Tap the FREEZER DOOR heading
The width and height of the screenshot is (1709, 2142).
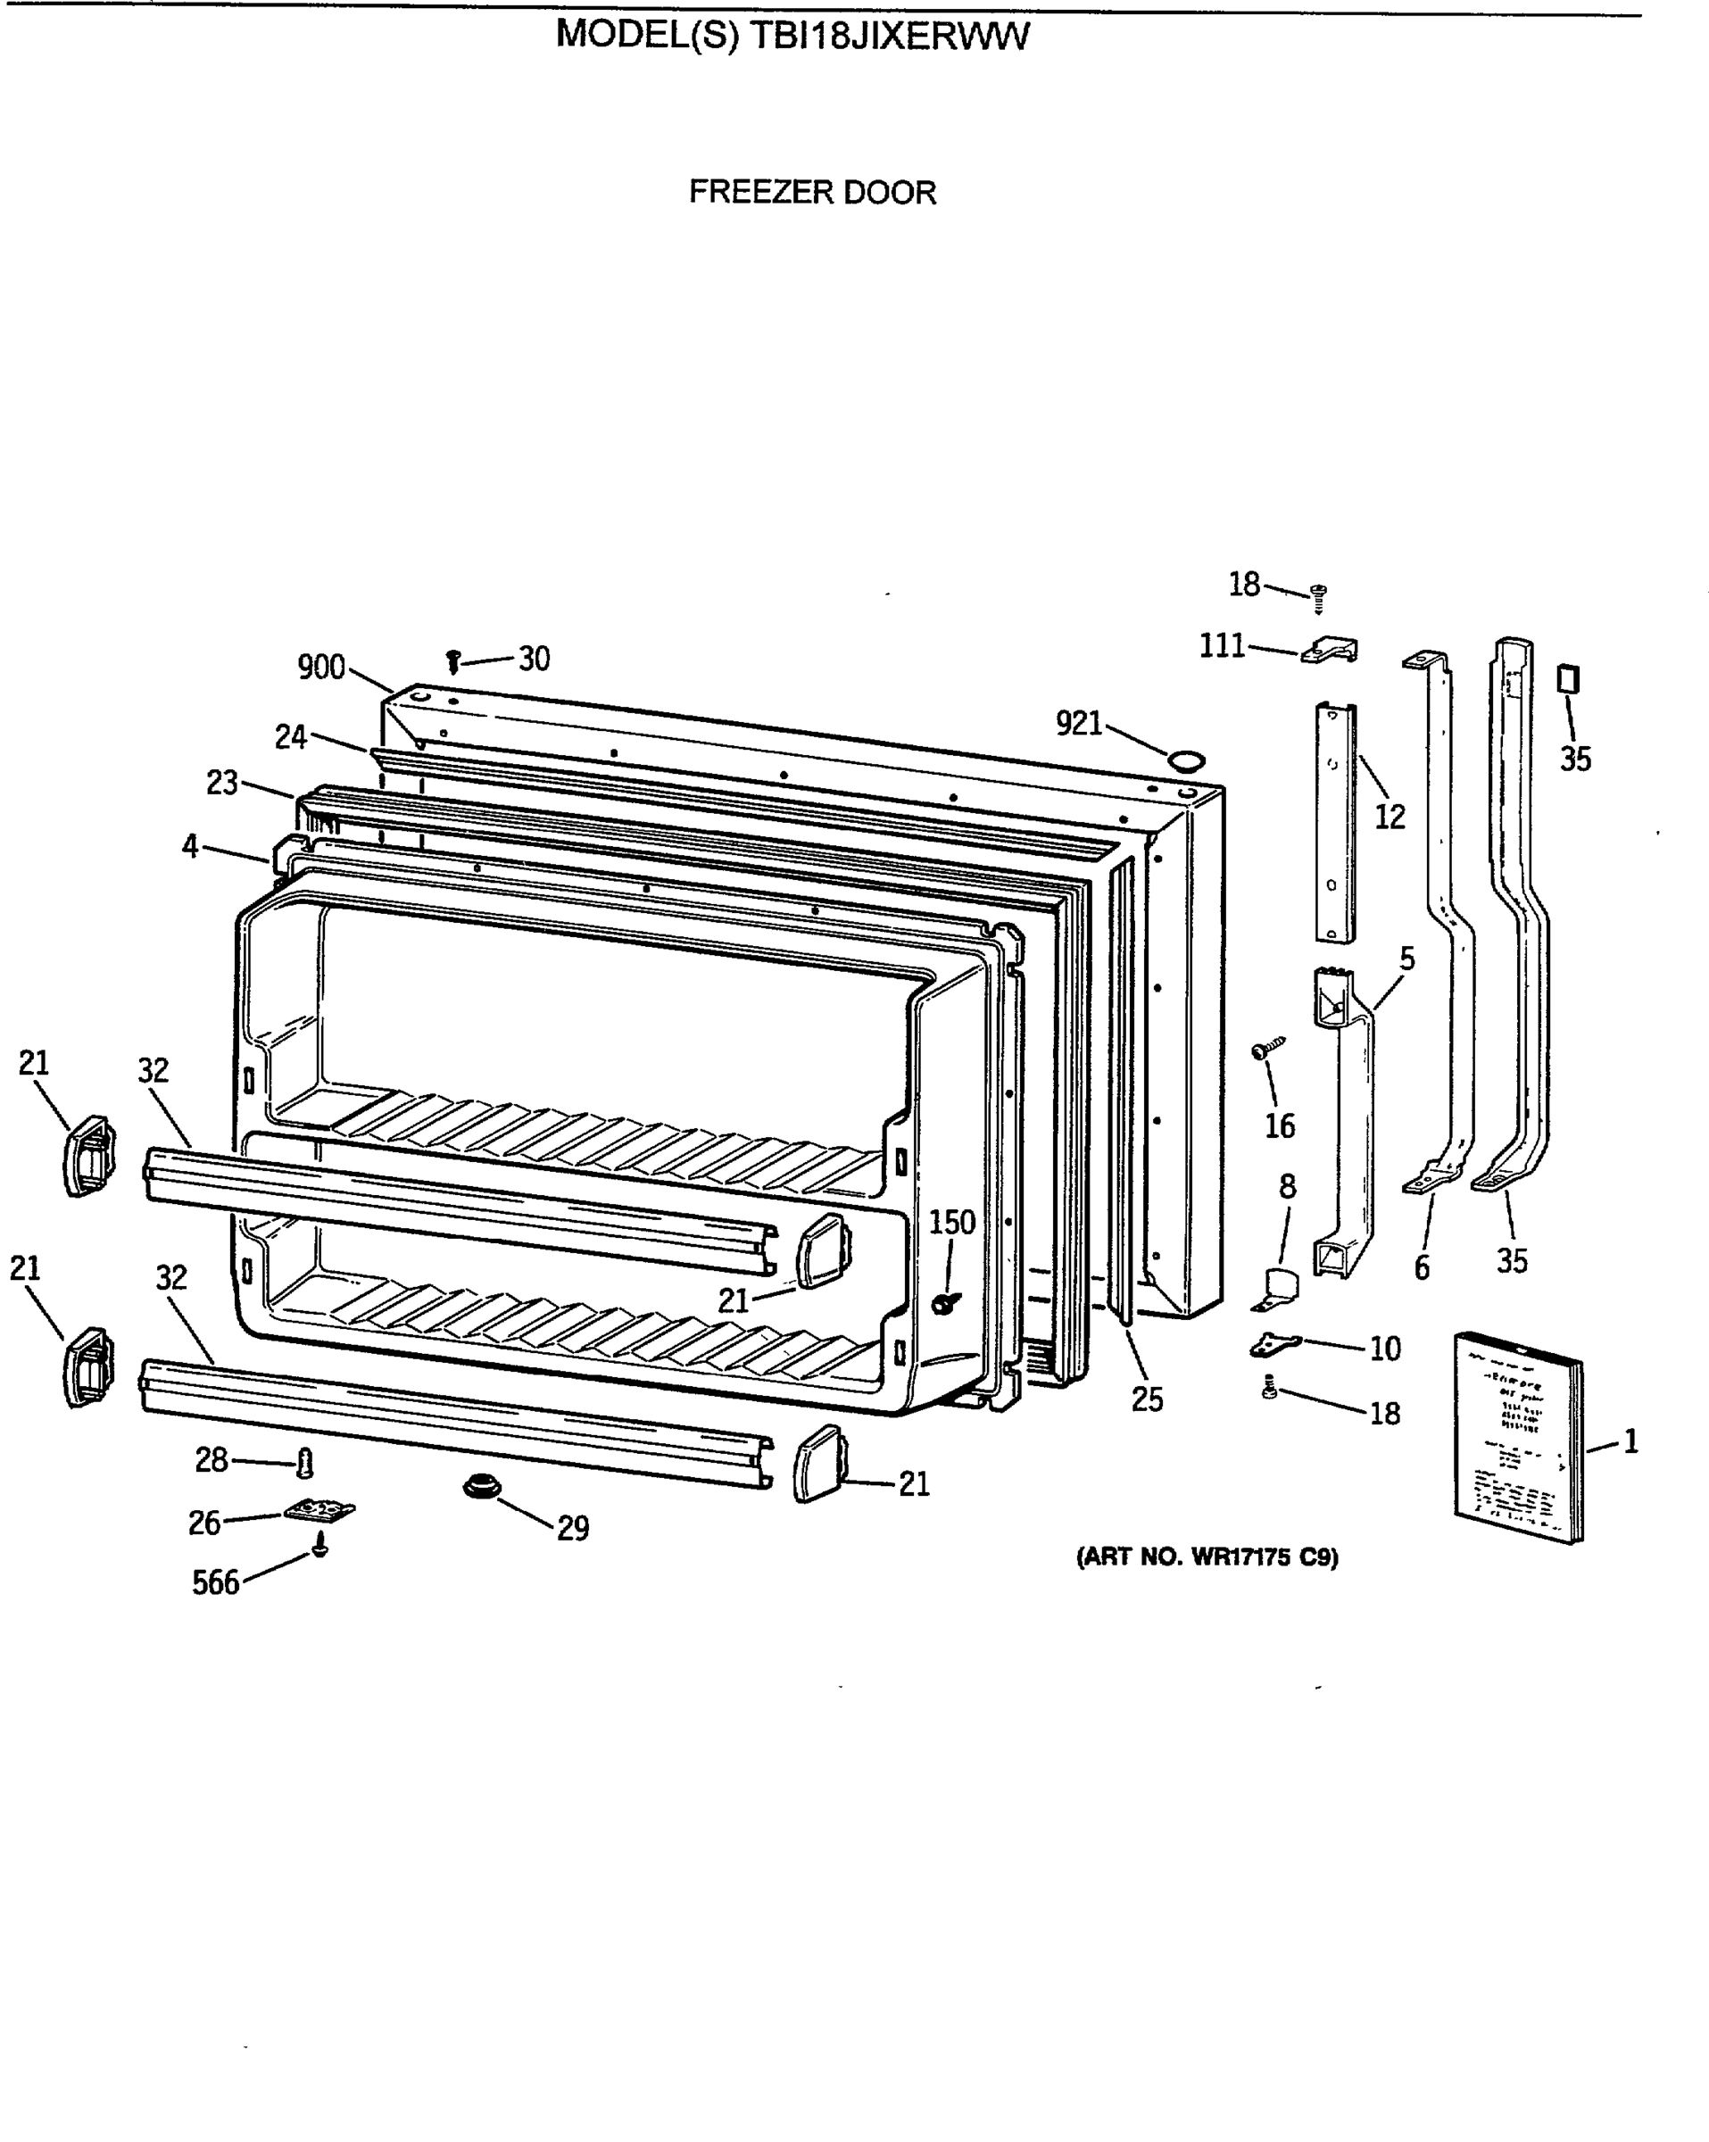(812, 192)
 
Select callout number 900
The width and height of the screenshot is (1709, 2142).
(321, 668)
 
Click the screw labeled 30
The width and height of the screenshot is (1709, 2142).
(454, 660)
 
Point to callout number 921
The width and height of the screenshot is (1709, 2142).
(1079, 723)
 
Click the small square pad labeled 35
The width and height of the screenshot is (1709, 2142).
(1569, 679)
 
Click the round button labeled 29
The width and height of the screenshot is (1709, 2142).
(482, 1487)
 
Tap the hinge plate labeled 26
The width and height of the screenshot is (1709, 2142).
(319, 1510)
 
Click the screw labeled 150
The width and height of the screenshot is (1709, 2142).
(946, 1301)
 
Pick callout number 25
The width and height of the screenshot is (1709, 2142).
(1147, 1399)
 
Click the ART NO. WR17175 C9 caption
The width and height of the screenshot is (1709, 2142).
(1207, 1557)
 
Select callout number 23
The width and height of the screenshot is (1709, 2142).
(221, 783)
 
